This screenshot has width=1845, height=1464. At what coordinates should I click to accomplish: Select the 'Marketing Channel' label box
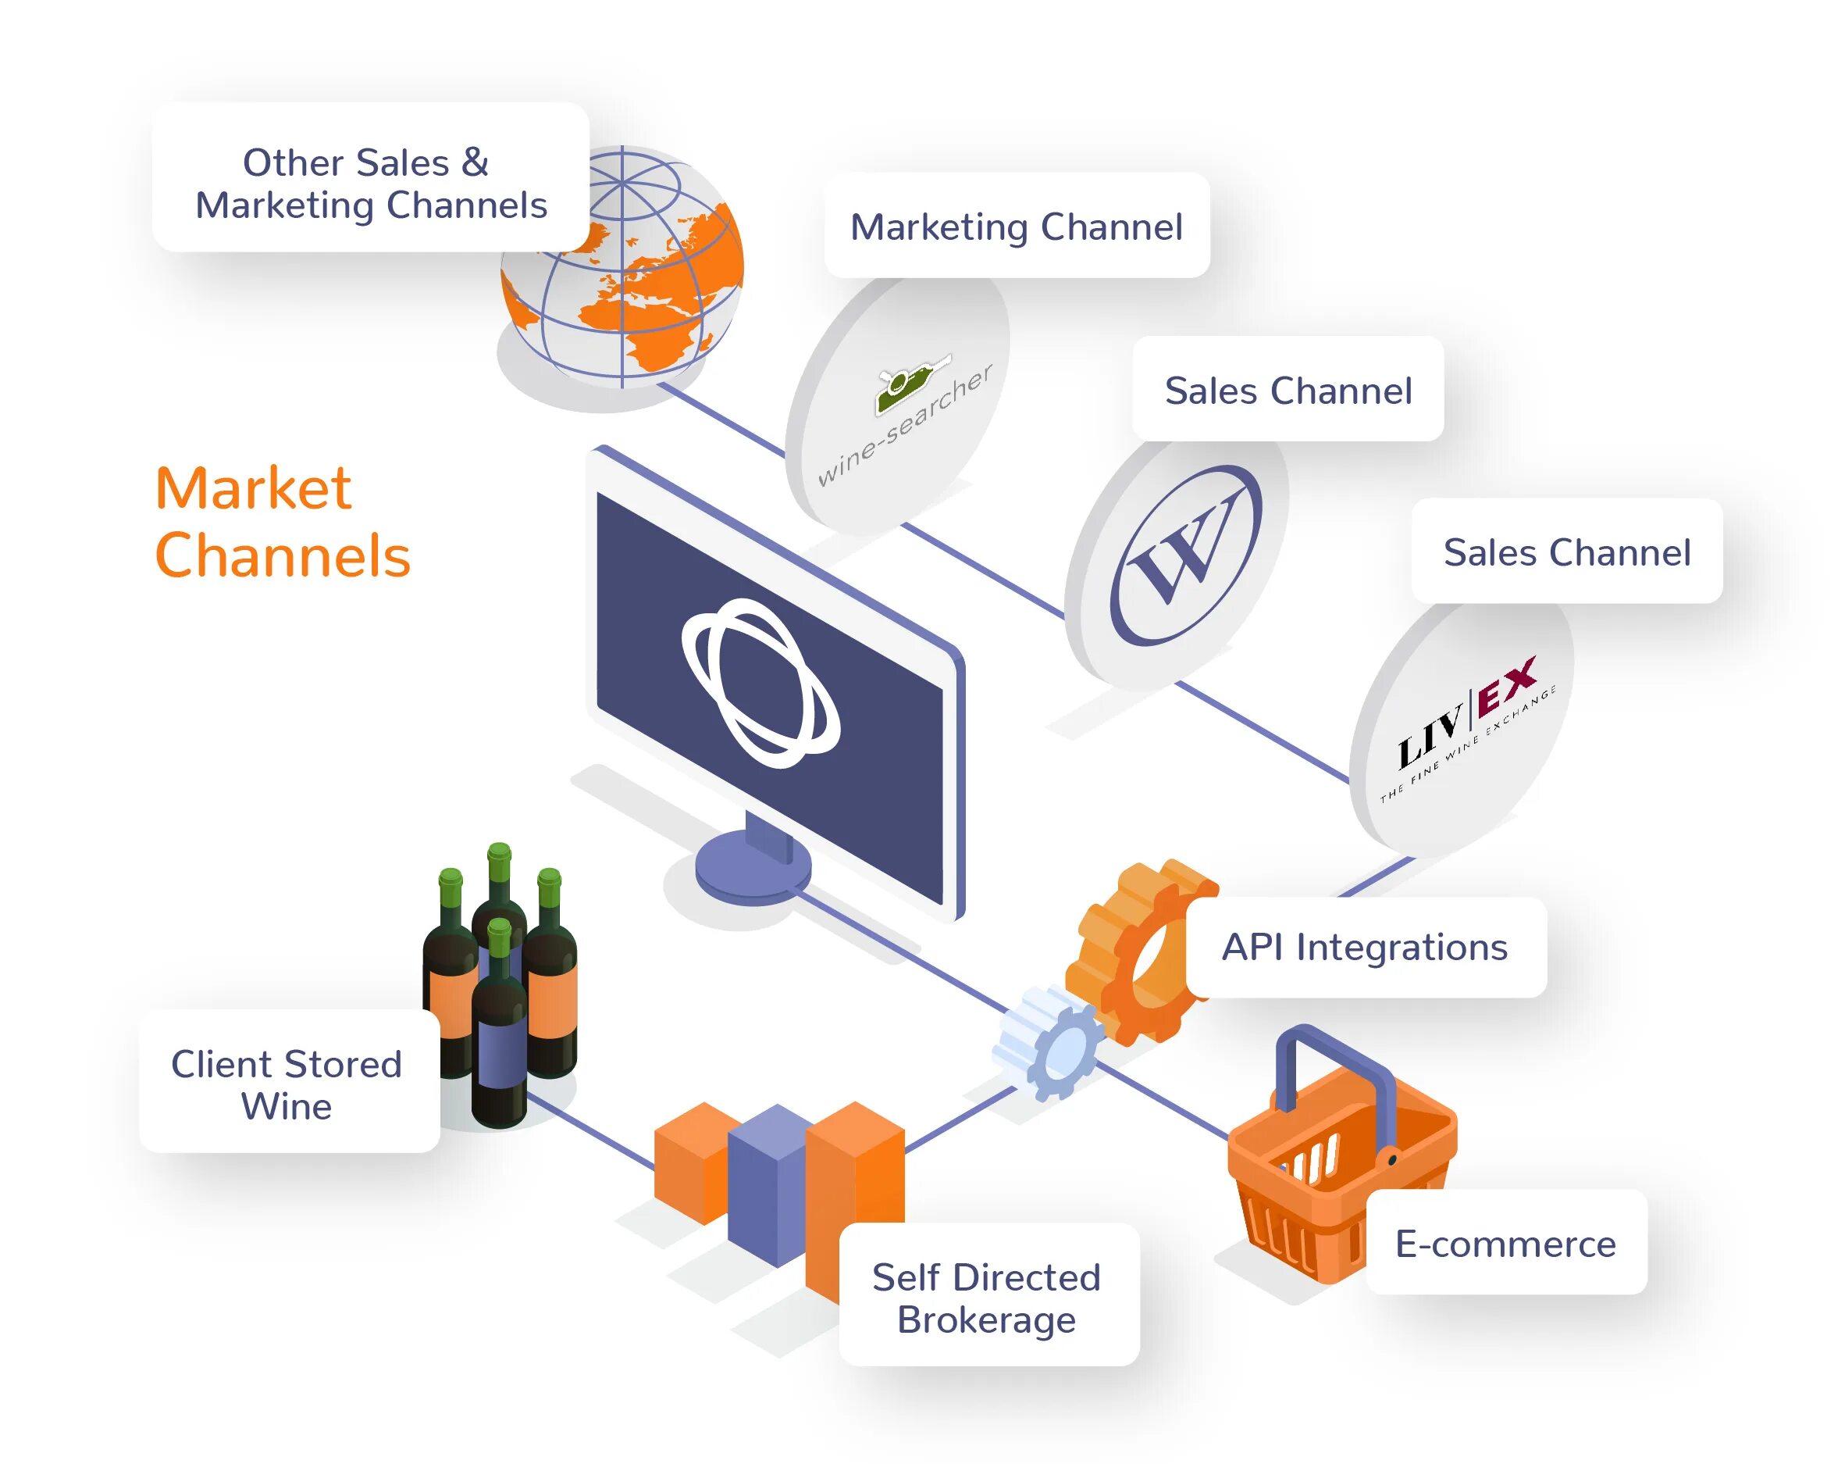coord(1016,227)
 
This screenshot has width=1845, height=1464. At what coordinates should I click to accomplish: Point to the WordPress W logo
coord(1185,555)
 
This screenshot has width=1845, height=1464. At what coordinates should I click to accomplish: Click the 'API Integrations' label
coord(1364,947)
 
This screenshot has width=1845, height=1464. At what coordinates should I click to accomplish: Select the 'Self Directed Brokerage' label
coord(987,1297)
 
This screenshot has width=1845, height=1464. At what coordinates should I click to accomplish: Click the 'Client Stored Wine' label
coord(287,1084)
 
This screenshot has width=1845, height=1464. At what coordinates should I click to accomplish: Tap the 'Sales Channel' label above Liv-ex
coord(1566,552)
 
